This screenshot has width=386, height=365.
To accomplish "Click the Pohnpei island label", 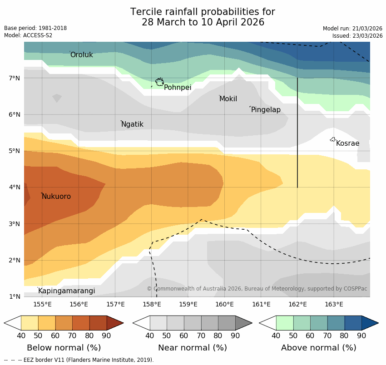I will (178, 88).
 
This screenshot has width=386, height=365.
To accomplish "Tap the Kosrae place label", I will (347, 143).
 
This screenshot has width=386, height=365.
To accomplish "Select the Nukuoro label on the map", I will (56, 197).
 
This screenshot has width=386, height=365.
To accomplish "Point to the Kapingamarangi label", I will (66, 291).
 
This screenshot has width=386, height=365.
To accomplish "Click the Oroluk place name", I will (81, 55).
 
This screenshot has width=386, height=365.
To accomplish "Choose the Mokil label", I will (228, 99).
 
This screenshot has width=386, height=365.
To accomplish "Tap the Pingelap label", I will (266, 110).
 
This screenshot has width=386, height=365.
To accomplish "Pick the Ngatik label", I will (132, 124).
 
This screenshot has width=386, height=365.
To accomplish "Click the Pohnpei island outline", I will (159, 82).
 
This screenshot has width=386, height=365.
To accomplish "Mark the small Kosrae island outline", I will (333, 139).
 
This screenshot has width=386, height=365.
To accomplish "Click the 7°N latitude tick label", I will (15, 78).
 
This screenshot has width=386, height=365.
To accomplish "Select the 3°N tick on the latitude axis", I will (15, 224).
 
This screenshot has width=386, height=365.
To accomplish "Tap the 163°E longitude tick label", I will (334, 304).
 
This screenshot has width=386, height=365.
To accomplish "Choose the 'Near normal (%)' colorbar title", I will (192, 348).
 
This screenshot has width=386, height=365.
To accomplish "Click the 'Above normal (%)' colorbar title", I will (318, 348).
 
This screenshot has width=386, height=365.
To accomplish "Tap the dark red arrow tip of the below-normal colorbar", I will (115, 323).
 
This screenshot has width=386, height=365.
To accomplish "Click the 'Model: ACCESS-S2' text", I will (28, 35).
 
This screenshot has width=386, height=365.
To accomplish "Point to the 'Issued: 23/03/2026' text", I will (357, 36).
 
